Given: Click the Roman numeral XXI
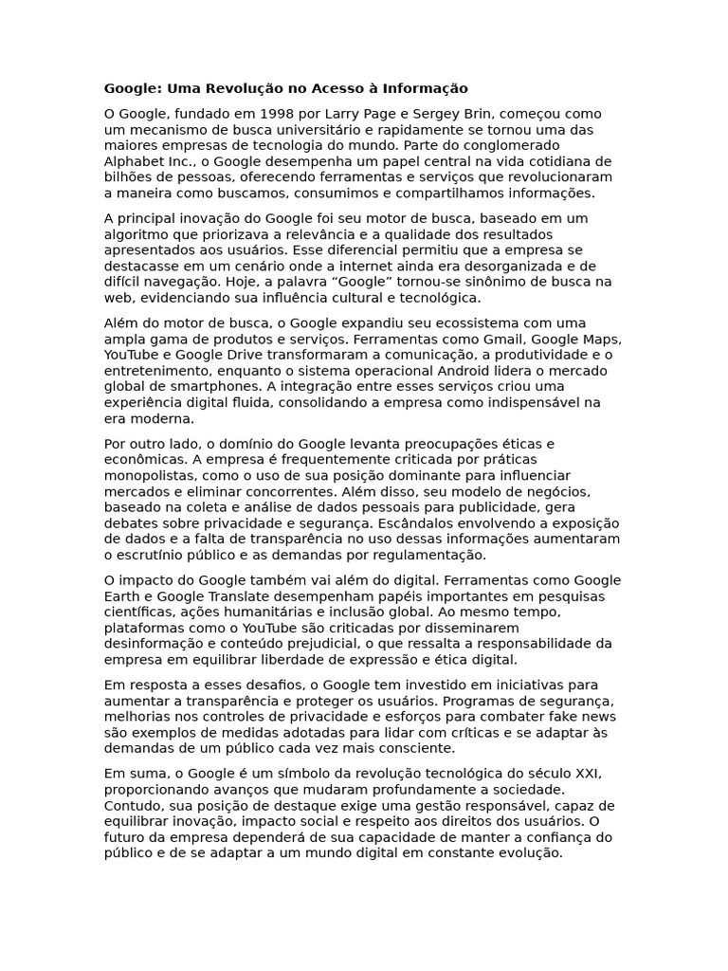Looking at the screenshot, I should tap(584, 773).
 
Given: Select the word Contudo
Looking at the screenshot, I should tap(131, 805).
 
